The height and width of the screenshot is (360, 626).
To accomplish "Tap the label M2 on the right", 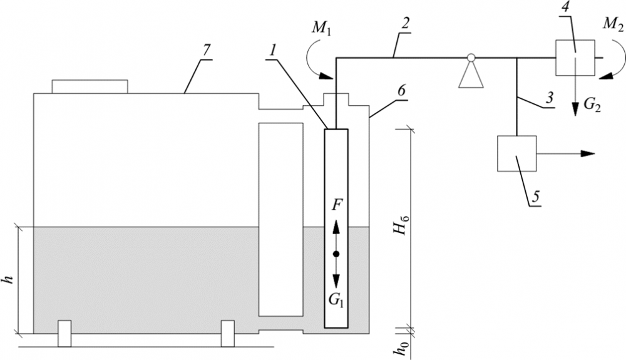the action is [612, 25].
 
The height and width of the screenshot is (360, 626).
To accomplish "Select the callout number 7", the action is [206, 51].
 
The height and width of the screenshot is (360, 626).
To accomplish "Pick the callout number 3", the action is [550, 98].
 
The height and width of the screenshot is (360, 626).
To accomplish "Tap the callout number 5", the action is [535, 197].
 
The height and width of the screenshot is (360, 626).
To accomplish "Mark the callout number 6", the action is [401, 91].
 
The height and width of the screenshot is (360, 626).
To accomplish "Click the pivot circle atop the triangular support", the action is [471, 58].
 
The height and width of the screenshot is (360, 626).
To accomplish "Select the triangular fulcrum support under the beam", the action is [471, 75].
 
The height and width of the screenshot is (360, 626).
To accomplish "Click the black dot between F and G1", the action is [336, 254].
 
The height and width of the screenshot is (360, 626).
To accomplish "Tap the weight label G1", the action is [337, 300].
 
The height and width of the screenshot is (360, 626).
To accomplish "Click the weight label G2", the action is [592, 105].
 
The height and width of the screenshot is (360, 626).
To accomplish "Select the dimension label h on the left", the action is [11, 279].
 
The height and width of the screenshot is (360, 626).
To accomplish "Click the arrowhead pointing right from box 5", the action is [587, 153].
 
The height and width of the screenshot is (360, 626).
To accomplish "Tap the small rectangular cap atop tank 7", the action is [90, 86].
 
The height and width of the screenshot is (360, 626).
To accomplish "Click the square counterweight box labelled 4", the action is [575, 58].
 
